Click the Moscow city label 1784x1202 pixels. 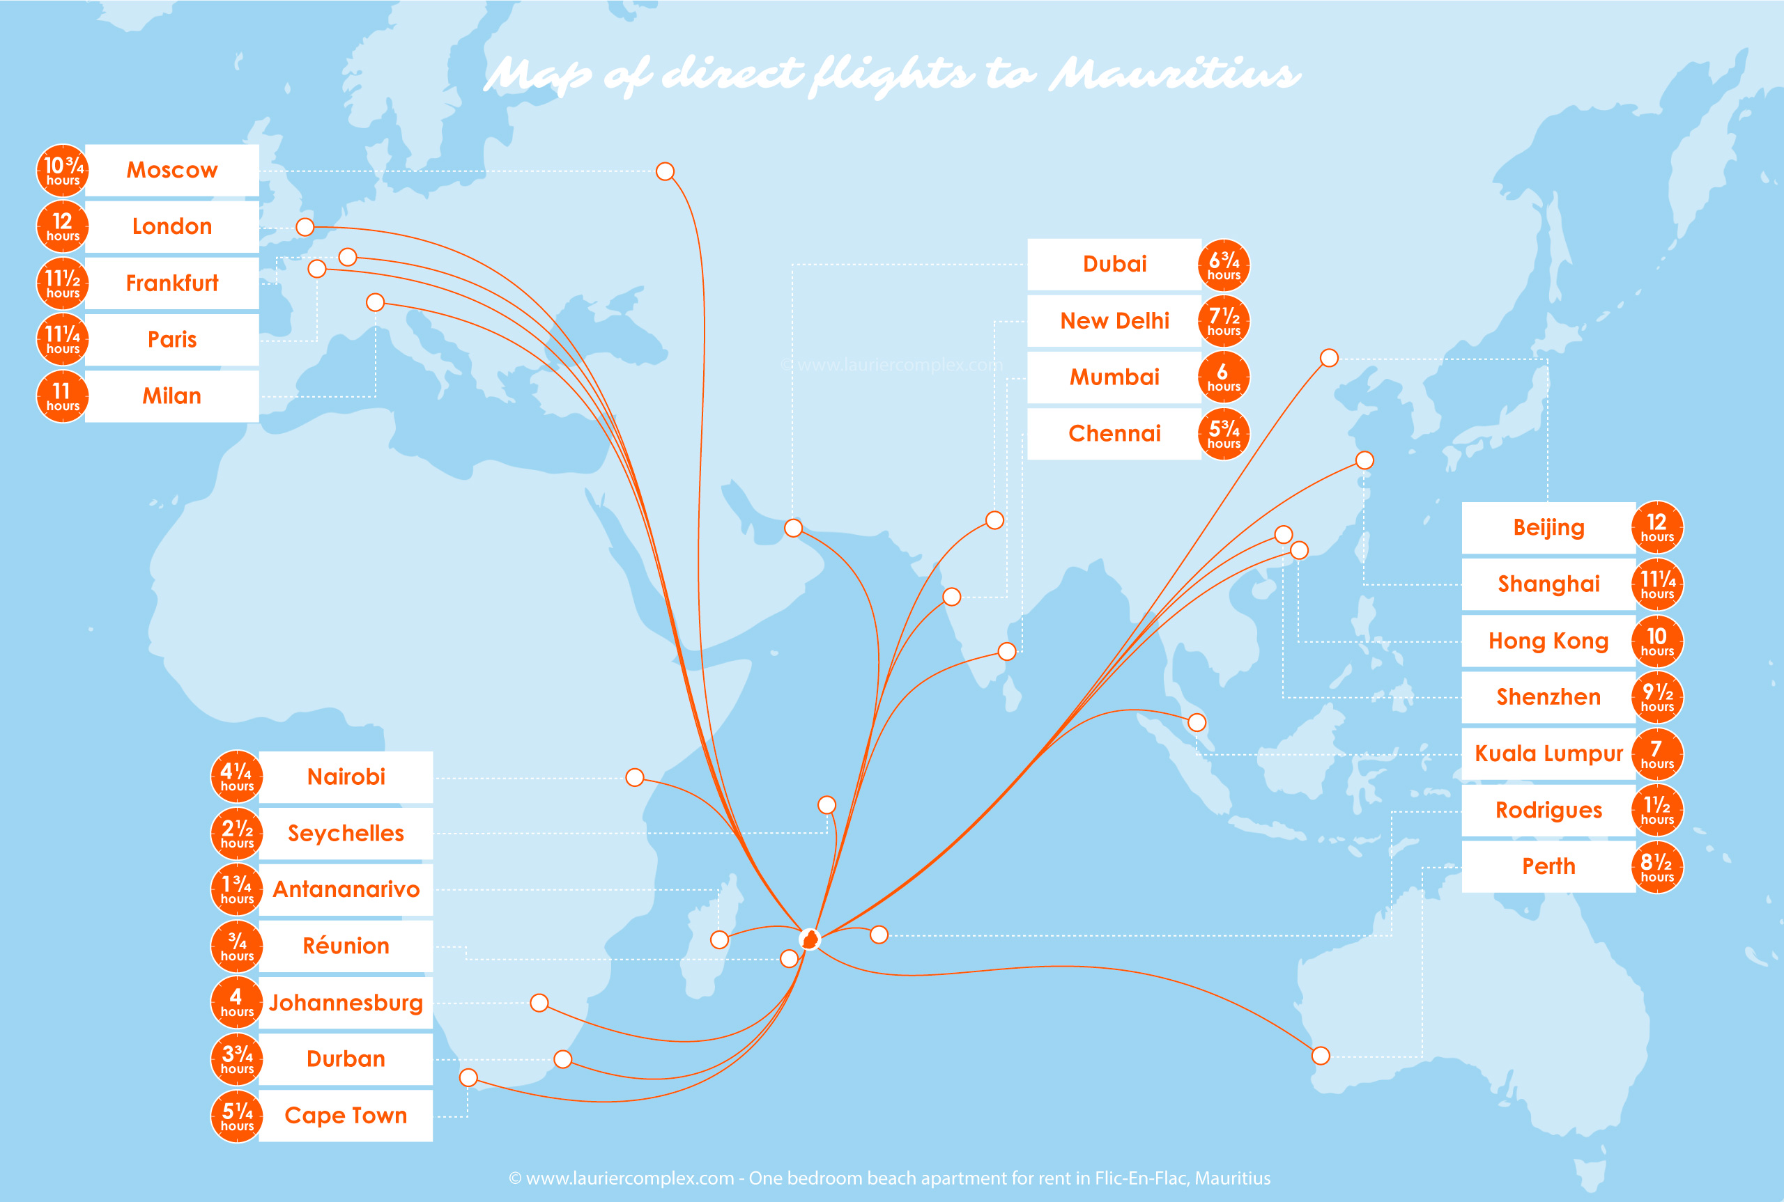coord(172,170)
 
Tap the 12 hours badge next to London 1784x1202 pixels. coord(62,227)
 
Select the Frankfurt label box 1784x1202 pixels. coord(172,283)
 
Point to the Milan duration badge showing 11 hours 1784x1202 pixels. coord(62,396)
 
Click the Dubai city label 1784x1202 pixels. coord(1114,265)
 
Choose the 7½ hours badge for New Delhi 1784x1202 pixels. coord(1223,321)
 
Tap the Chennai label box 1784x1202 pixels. coord(1114,434)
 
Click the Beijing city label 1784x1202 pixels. coord(1548,528)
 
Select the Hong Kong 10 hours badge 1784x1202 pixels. coord(1656,641)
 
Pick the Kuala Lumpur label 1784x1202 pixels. coord(1548,754)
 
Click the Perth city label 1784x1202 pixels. coord(1548,866)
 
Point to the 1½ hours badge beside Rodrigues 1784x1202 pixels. coord(1656,811)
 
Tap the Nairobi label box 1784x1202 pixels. coord(346,777)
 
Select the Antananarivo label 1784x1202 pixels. coord(346,890)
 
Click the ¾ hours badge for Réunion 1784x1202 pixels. coord(237,946)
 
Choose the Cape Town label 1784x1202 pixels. coord(346,1116)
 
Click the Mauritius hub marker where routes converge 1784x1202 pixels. coord(809,939)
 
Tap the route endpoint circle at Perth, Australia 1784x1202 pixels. coord(1320,1056)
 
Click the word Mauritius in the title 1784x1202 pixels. coord(1174,75)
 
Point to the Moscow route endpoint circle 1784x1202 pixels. coord(665,171)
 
